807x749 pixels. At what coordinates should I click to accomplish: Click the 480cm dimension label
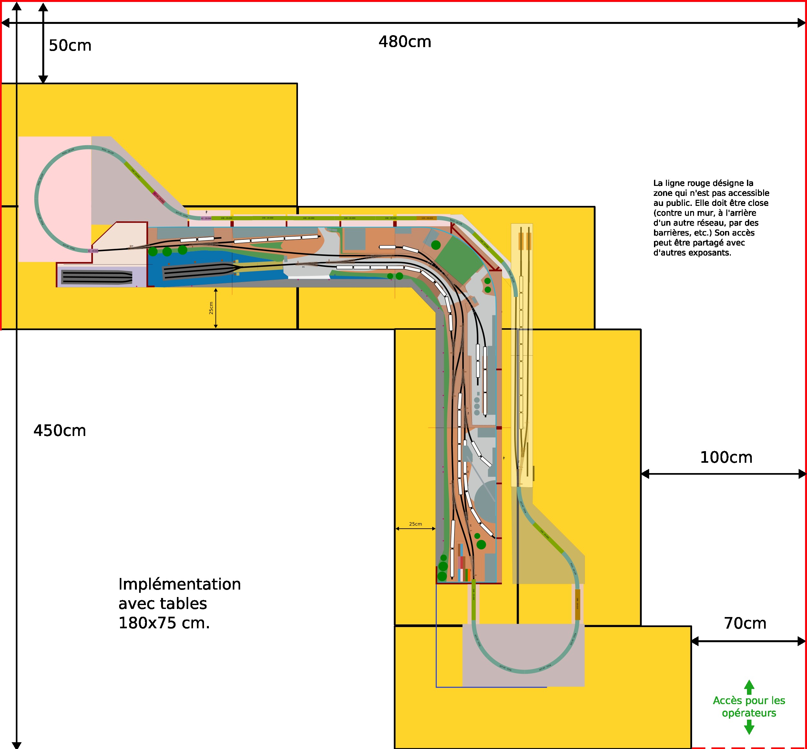tap(404, 42)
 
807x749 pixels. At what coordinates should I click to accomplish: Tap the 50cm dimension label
tap(70, 46)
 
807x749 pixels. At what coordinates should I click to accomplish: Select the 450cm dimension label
tap(60, 430)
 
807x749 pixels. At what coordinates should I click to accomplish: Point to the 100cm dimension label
tap(726, 457)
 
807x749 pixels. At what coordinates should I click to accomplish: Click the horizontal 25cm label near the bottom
tap(415, 524)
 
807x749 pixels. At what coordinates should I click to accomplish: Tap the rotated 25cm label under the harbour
tap(211, 308)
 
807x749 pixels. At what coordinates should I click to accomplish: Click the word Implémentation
tap(179, 584)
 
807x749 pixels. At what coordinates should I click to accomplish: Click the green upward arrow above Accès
tap(749, 687)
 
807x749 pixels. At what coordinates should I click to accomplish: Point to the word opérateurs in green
tap(749, 713)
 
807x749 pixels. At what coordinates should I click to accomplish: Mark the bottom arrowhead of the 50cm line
tap(43, 79)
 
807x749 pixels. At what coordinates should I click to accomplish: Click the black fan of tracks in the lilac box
tap(97, 277)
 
